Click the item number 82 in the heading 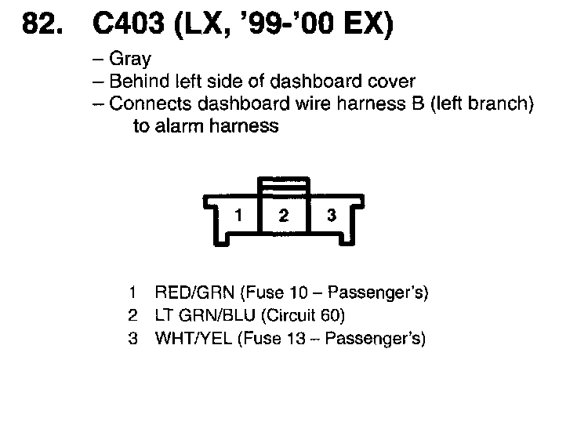tap(39, 27)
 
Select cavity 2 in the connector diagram tap(284, 215)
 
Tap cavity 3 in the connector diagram tap(331, 215)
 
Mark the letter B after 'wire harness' tap(417, 104)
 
